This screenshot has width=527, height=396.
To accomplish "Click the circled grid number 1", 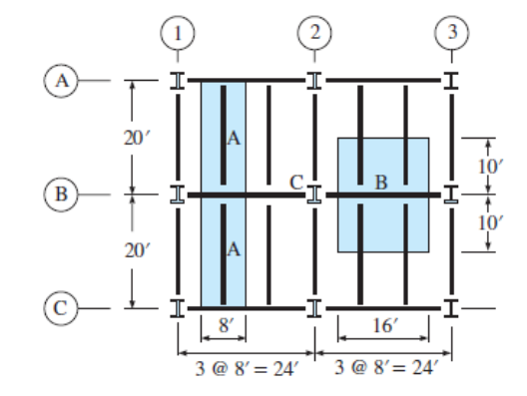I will coord(178,31).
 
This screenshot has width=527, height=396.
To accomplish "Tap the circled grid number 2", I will coord(314,31).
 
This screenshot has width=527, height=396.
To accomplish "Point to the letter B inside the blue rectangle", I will coord(381,183).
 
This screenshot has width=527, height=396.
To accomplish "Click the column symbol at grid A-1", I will coord(178,79).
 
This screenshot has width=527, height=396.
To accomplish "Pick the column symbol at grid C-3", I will coord(451,307).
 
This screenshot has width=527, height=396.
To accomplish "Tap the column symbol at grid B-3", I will coord(451,194).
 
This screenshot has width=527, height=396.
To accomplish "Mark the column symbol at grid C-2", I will coord(314,307).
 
